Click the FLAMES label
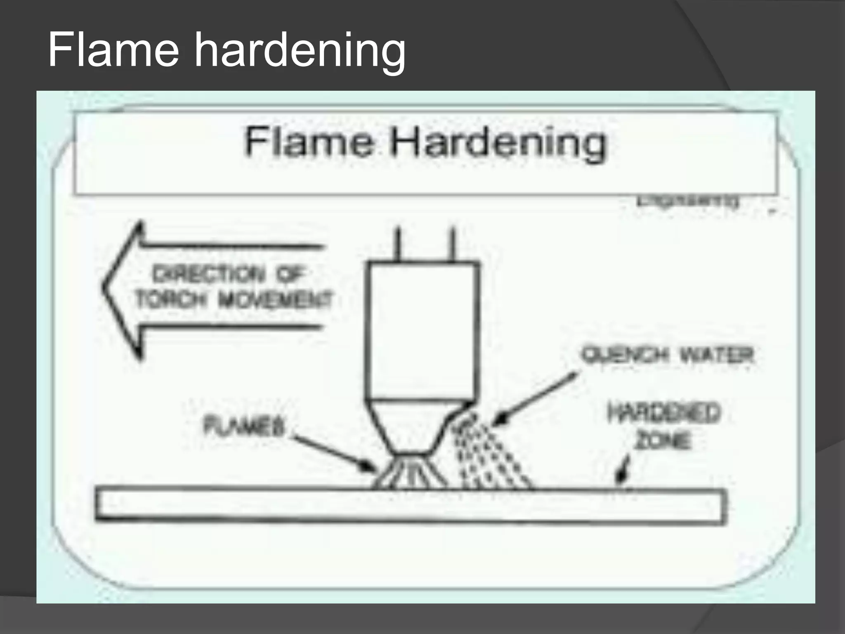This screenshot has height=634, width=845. coord(245,426)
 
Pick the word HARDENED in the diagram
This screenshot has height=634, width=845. coord(664,413)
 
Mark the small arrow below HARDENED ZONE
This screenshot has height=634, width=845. coord(622,475)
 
